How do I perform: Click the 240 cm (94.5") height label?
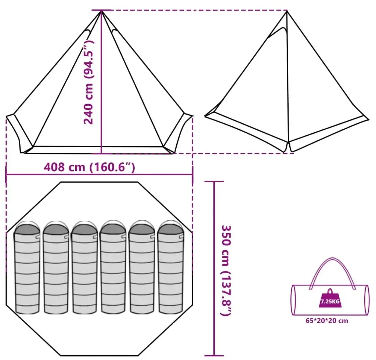88,82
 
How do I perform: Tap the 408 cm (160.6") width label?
90,167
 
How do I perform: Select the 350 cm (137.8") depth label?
225,270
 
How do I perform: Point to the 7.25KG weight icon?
330,299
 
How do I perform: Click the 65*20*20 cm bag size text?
326,321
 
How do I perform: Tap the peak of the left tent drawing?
101,11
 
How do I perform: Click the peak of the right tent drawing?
287,11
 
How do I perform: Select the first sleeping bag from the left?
27,268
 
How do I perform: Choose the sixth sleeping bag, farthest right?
171,267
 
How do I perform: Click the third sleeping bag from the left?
84,268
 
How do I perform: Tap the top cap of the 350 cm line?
214,181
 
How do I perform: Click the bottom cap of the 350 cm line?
214,356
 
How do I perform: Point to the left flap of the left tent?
19,133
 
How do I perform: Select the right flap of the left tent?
178,133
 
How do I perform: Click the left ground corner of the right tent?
205,116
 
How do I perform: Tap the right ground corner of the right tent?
368,119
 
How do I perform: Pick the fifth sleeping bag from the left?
142,268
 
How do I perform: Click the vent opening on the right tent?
278,32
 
